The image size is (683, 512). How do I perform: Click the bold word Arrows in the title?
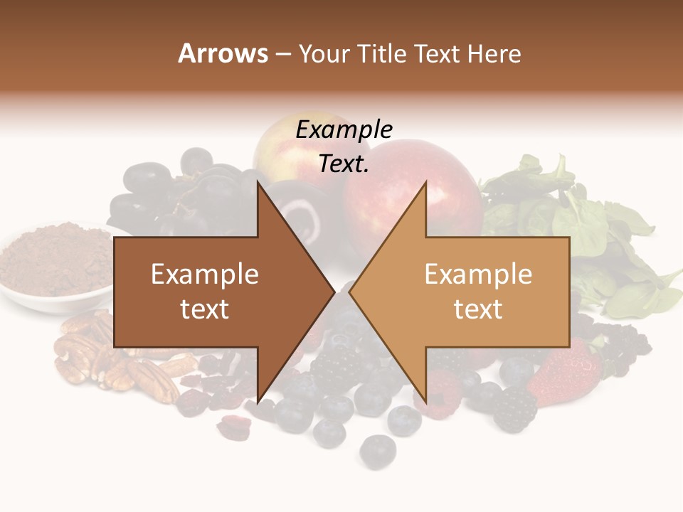(223, 53)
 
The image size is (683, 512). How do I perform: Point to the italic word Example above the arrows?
(344, 130)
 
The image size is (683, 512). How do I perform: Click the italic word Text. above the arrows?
(344, 164)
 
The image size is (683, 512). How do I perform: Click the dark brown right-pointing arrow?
(213, 292)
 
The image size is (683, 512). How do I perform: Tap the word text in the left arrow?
(204, 309)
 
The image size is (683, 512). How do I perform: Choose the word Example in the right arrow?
(478, 274)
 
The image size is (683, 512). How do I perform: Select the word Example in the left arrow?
(204, 274)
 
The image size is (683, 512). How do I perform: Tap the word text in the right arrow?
(478, 309)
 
